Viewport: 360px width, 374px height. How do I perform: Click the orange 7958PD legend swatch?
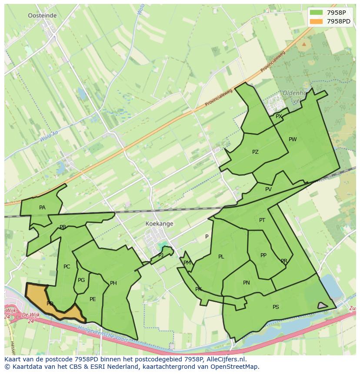pyautogui.click(x=316, y=21)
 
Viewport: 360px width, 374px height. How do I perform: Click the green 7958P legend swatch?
pyautogui.click(x=316, y=13)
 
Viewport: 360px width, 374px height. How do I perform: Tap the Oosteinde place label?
pyautogui.click(x=42, y=15)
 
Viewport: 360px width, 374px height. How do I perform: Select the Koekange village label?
pyautogui.click(x=160, y=224)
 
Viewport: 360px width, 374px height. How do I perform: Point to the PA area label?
pyautogui.click(x=42, y=208)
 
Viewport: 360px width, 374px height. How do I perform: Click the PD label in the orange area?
pyautogui.click(x=50, y=304)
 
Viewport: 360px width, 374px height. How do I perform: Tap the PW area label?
pyautogui.click(x=293, y=139)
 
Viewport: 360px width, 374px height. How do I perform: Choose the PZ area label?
pyautogui.click(x=255, y=152)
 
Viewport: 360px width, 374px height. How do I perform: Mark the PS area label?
pyautogui.click(x=276, y=307)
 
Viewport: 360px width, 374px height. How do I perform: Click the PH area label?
pyautogui.click(x=113, y=283)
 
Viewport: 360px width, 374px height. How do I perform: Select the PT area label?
pyautogui.click(x=262, y=220)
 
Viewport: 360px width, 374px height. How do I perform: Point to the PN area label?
pyautogui.click(x=247, y=283)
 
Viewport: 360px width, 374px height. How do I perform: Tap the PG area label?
pyautogui.click(x=81, y=280)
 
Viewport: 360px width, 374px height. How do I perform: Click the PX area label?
pyautogui.click(x=279, y=116)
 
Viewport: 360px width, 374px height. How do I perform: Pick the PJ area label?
pyautogui.click(x=161, y=255)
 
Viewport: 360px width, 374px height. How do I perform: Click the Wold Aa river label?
pyautogui.click(x=49, y=138)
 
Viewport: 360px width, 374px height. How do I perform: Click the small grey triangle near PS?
pyautogui.click(x=322, y=305)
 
